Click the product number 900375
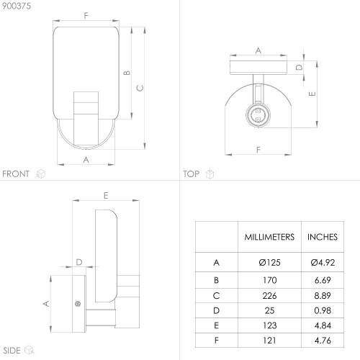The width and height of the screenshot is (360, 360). tap(17, 6)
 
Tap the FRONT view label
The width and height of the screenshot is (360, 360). tap(16, 174)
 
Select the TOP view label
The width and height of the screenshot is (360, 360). tap(192, 174)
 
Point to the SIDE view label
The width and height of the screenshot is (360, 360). tap(12, 351)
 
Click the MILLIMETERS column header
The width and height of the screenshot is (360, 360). tap(269, 237)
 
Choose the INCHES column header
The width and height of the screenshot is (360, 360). tap(323, 237)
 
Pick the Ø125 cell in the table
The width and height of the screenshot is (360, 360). tap(269, 263)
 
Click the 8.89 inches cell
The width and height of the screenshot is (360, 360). tap(323, 296)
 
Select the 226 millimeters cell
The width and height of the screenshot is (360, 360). tap(269, 296)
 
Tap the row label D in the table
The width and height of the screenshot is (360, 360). tap(216, 311)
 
